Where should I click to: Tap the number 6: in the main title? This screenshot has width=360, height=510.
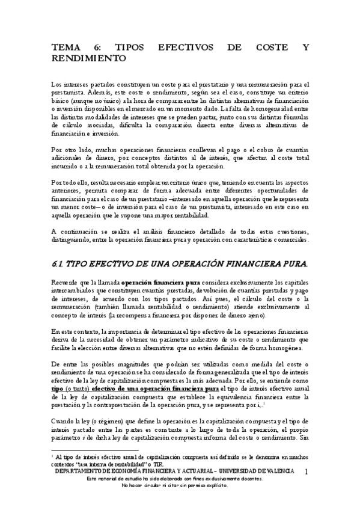(x=103, y=48)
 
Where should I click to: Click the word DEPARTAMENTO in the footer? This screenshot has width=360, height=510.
(x=84, y=472)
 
